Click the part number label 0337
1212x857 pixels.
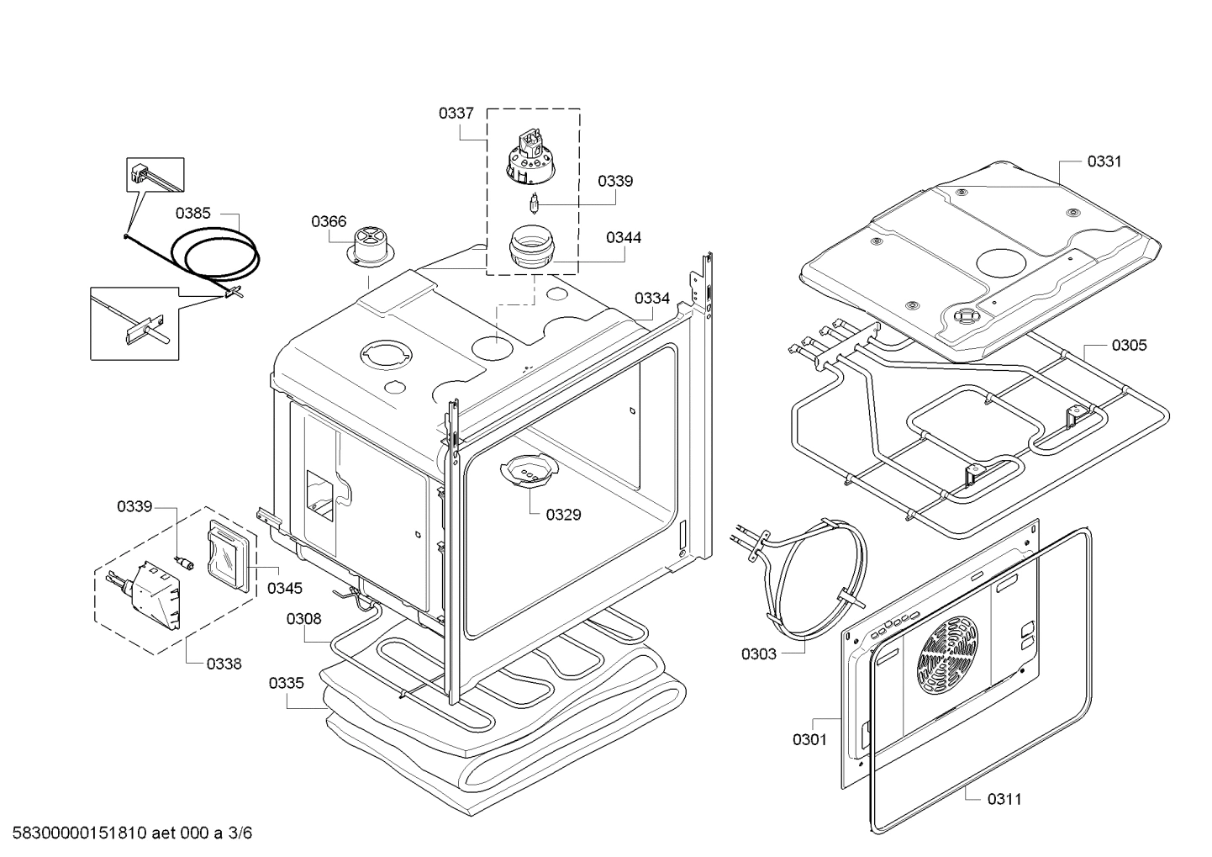click(x=456, y=113)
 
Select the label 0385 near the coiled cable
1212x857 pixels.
click(x=192, y=213)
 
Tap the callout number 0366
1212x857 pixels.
click(x=328, y=221)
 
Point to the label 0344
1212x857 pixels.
click(x=623, y=237)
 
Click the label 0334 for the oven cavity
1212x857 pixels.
click(x=651, y=298)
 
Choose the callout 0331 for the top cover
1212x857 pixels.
click(x=1104, y=161)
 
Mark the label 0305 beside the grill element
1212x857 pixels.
click(x=1128, y=345)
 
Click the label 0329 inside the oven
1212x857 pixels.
click(x=562, y=515)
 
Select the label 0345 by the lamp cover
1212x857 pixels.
click(x=285, y=588)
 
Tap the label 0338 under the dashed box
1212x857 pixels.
click(x=224, y=664)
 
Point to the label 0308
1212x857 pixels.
click(x=303, y=619)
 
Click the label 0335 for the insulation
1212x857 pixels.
click(x=286, y=683)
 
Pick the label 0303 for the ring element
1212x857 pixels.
click(x=758, y=653)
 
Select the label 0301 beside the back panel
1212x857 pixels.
click(x=809, y=739)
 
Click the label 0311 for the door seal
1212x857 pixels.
click(x=1004, y=799)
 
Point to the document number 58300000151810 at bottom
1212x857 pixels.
click(x=81, y=833)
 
